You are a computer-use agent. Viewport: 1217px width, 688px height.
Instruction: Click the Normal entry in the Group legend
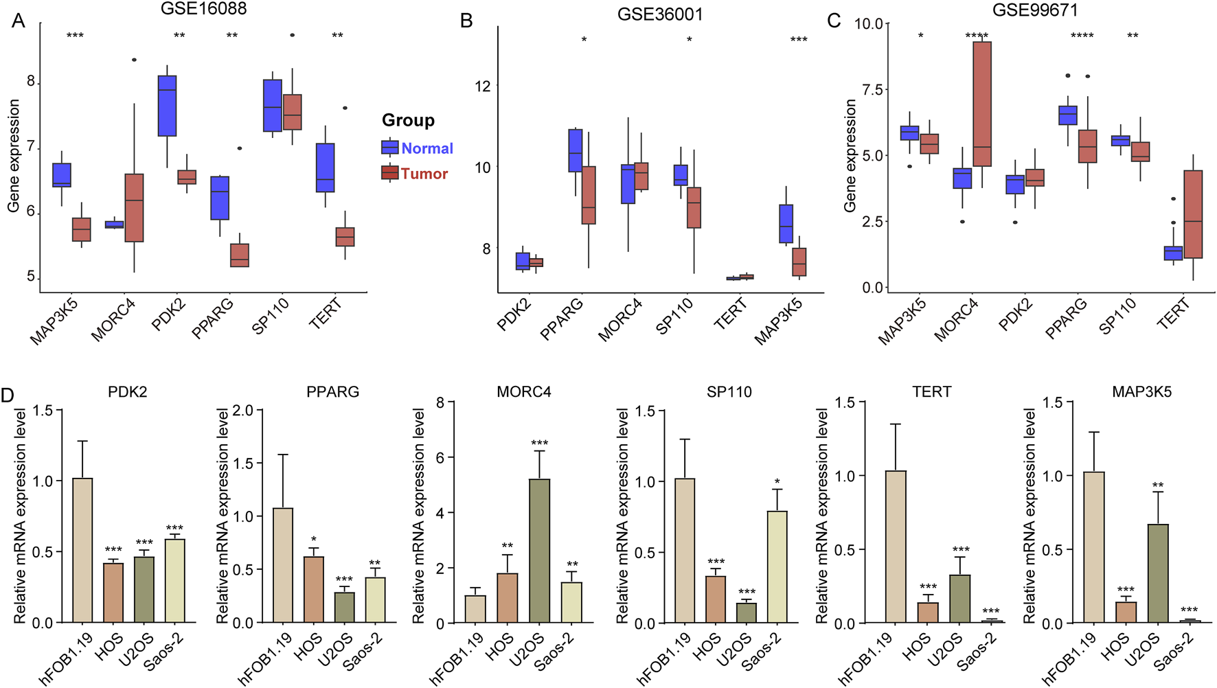[x=426, y=148]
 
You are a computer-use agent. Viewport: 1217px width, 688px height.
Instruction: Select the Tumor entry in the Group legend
[x=424, y=174]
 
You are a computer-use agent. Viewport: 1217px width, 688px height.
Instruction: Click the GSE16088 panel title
[x=203, y=9]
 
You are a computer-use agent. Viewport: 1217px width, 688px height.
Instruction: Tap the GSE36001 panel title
[x=659, y=14]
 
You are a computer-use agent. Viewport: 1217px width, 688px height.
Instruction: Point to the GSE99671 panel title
[x=1034, y=10]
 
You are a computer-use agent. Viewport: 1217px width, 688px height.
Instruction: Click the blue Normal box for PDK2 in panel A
[x=167, y=106]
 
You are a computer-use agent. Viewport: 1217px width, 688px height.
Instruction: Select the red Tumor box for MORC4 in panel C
[x=982, y=104]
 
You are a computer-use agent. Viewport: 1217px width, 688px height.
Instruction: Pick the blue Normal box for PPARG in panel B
[x=576, y=150]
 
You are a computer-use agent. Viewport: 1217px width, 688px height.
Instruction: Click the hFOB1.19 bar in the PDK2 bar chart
[x=82, y=550]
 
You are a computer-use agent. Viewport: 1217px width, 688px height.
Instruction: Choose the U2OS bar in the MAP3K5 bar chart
[x=1158, y=573]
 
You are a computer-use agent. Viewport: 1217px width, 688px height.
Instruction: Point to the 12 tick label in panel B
[x=483, y=86]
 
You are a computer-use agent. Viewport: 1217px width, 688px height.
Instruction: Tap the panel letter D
[x=8, y=396]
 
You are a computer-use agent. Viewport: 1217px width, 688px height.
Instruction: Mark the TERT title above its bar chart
[x=931, y=392]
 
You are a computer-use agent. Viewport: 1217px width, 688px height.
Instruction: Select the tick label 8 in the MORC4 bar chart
[x=440, y=402]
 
